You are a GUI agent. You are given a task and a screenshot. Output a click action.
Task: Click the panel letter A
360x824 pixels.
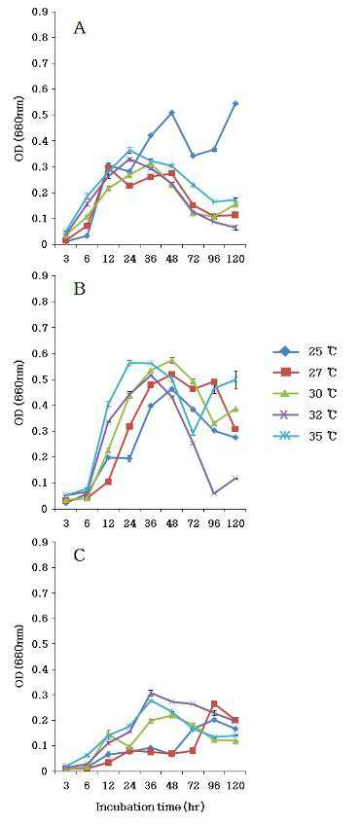80,28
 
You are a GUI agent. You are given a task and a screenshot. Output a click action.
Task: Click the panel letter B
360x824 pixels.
80,290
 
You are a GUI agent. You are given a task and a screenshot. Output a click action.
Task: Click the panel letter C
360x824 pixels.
80,556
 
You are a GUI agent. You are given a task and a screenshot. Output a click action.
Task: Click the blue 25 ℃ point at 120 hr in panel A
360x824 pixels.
235,103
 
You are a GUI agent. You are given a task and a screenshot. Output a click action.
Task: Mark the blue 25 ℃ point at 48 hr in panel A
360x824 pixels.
172,113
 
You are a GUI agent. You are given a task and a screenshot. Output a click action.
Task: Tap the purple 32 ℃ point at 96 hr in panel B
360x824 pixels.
214,493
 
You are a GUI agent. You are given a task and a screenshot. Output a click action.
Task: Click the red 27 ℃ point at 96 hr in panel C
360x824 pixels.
214,703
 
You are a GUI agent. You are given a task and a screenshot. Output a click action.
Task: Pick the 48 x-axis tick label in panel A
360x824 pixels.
172,259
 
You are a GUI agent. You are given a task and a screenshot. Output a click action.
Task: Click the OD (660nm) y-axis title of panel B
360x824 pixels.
21,393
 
